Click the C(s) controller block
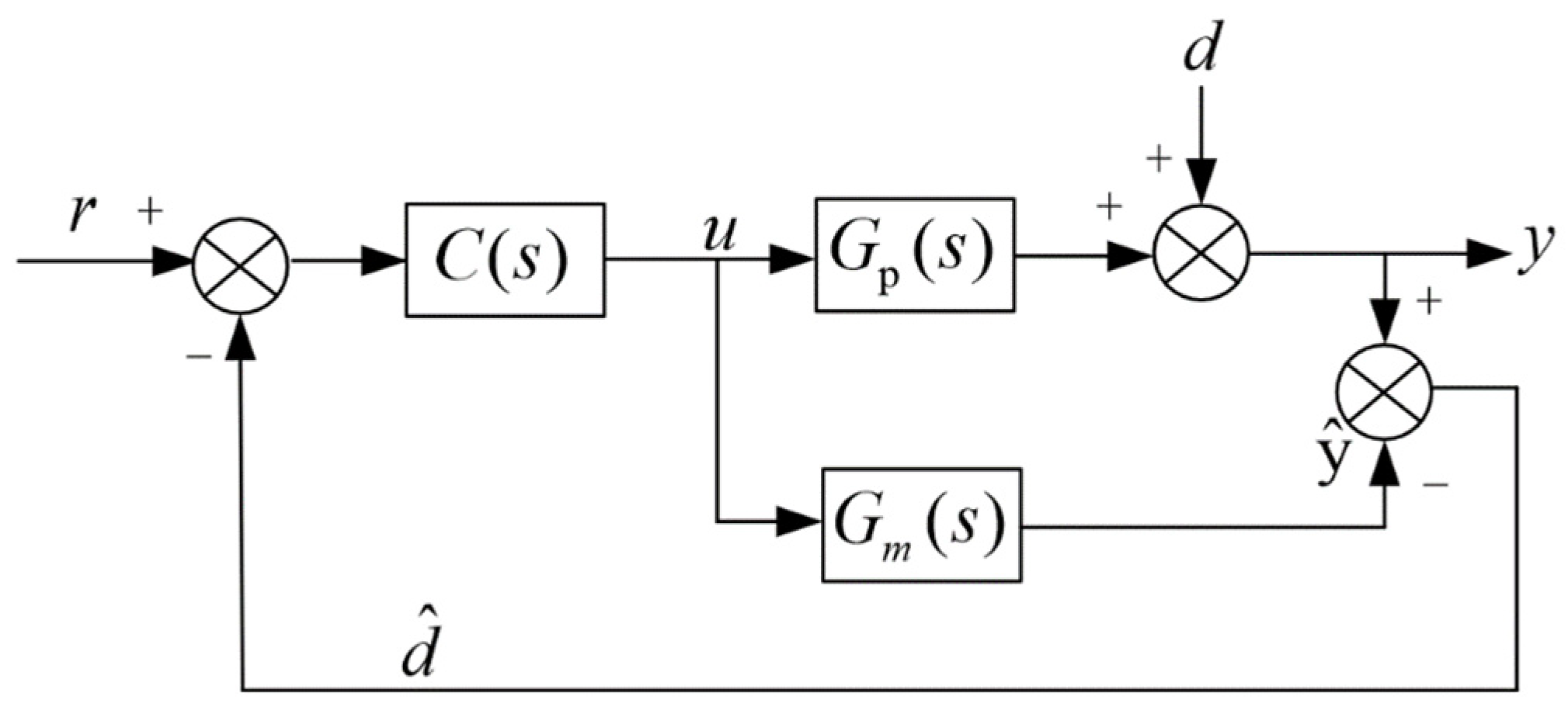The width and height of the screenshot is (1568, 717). pyautogui.click(x=505, y=259)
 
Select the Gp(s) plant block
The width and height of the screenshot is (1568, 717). pyautogui.click(x=914, y=255)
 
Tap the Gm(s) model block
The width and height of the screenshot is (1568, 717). pyautogui.click(x=921, y=525)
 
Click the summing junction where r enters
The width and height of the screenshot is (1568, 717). pyautogui.click(x=241, y=265)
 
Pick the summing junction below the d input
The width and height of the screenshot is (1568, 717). pyautogui.click(x=1201, y=254)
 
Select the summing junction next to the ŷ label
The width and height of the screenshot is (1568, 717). pyautogui.click(x=1384, y=391)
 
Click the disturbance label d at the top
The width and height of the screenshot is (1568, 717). pyautogui.click(x=1201, y=50)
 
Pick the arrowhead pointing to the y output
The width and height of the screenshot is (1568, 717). pyautogui.click(x=1486, y=254)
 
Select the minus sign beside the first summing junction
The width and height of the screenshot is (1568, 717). pyautogui.click(x=199, y=356)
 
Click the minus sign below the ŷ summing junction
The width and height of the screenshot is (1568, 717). pyautogui.click(x=1434, y=484)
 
